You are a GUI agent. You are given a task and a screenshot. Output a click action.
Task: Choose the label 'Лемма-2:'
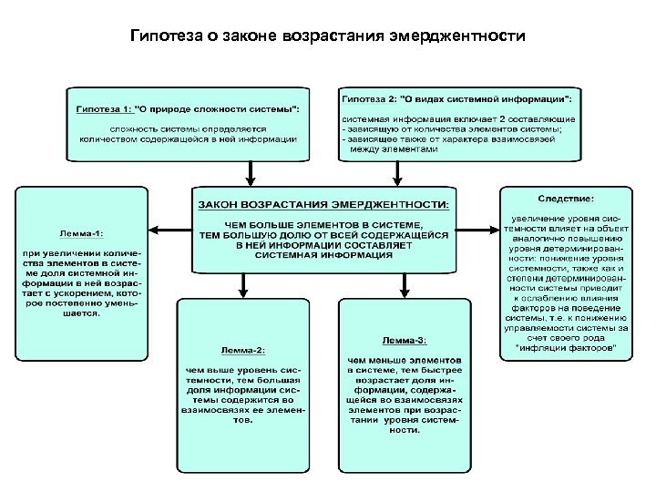pos(241,351)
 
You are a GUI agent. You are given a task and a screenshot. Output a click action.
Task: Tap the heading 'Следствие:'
pos(566,198)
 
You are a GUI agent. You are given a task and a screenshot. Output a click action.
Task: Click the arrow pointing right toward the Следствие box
pos(483,230)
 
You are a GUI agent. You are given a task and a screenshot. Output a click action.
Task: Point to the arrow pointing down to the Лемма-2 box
pos(241,286)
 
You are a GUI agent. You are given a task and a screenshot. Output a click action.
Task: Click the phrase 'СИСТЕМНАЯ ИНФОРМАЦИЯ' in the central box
pos(323,256)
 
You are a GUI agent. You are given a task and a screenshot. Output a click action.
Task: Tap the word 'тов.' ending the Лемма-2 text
pos(241,423)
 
